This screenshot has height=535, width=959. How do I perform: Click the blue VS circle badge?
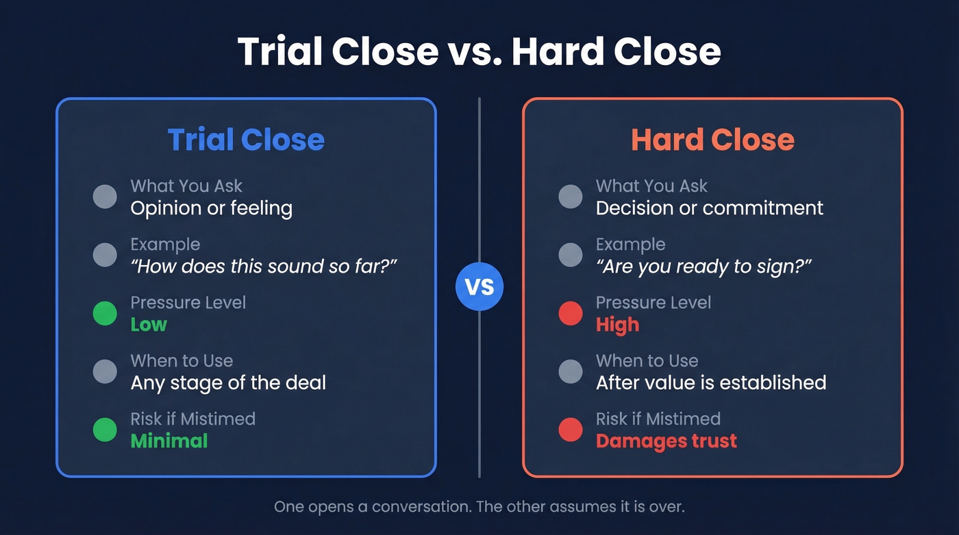480,286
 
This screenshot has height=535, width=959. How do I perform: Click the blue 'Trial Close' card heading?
246,140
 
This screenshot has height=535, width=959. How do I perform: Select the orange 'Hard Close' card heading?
712,140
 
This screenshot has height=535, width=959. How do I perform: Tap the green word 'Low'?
149,325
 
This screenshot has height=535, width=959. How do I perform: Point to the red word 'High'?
617,325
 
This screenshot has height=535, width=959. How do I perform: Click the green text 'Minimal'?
169,440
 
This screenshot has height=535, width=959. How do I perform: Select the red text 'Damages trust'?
667,440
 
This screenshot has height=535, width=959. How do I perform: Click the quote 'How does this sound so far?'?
264,266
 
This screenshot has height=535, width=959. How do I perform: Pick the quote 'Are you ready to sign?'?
703,266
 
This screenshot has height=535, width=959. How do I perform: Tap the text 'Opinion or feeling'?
212,208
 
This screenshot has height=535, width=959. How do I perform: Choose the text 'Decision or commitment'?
710,208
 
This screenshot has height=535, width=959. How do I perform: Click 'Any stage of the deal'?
228,382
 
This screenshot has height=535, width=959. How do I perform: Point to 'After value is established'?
711,382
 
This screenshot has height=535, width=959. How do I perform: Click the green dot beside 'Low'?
105,314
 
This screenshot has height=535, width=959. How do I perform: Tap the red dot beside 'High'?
571,314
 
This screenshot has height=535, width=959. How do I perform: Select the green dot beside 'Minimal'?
105,430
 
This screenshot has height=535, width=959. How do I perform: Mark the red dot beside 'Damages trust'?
571,430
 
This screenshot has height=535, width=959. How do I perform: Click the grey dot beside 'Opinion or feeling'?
105,197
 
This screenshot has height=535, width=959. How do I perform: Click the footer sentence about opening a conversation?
480,508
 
